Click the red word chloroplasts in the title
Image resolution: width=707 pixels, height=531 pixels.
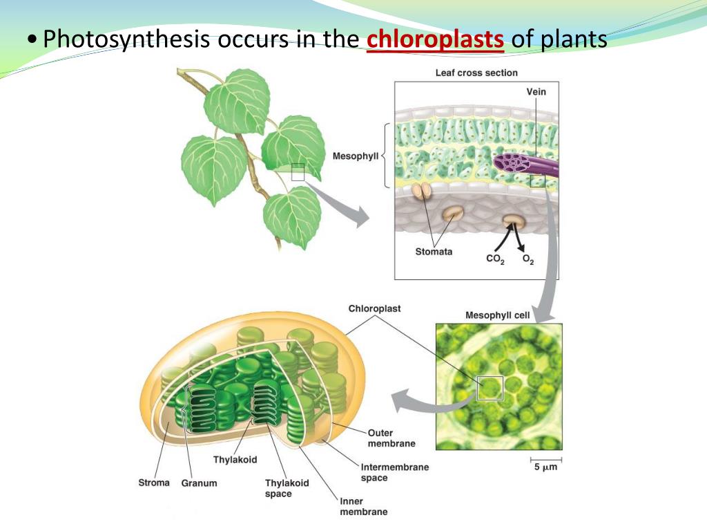(435, 39)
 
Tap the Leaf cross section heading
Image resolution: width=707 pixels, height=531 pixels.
(476, 73)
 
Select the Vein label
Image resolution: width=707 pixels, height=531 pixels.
(536, 92)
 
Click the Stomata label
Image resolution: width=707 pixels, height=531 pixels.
(434, 251)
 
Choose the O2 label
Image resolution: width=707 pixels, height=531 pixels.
(527, 261)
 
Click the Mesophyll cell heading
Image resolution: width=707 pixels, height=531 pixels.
(498, 315)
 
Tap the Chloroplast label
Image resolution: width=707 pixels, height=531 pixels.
(374, 308)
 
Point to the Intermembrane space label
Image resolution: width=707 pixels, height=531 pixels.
(394, 472)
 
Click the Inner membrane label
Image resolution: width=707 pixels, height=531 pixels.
(363, 506)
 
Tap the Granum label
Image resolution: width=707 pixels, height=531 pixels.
(200, 483)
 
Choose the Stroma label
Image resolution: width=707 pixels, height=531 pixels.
(153, 482)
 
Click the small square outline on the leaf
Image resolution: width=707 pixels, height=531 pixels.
(298, 172)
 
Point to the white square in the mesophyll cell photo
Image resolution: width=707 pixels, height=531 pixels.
(490, 388)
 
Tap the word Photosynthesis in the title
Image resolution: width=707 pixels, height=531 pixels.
(126, 39)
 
